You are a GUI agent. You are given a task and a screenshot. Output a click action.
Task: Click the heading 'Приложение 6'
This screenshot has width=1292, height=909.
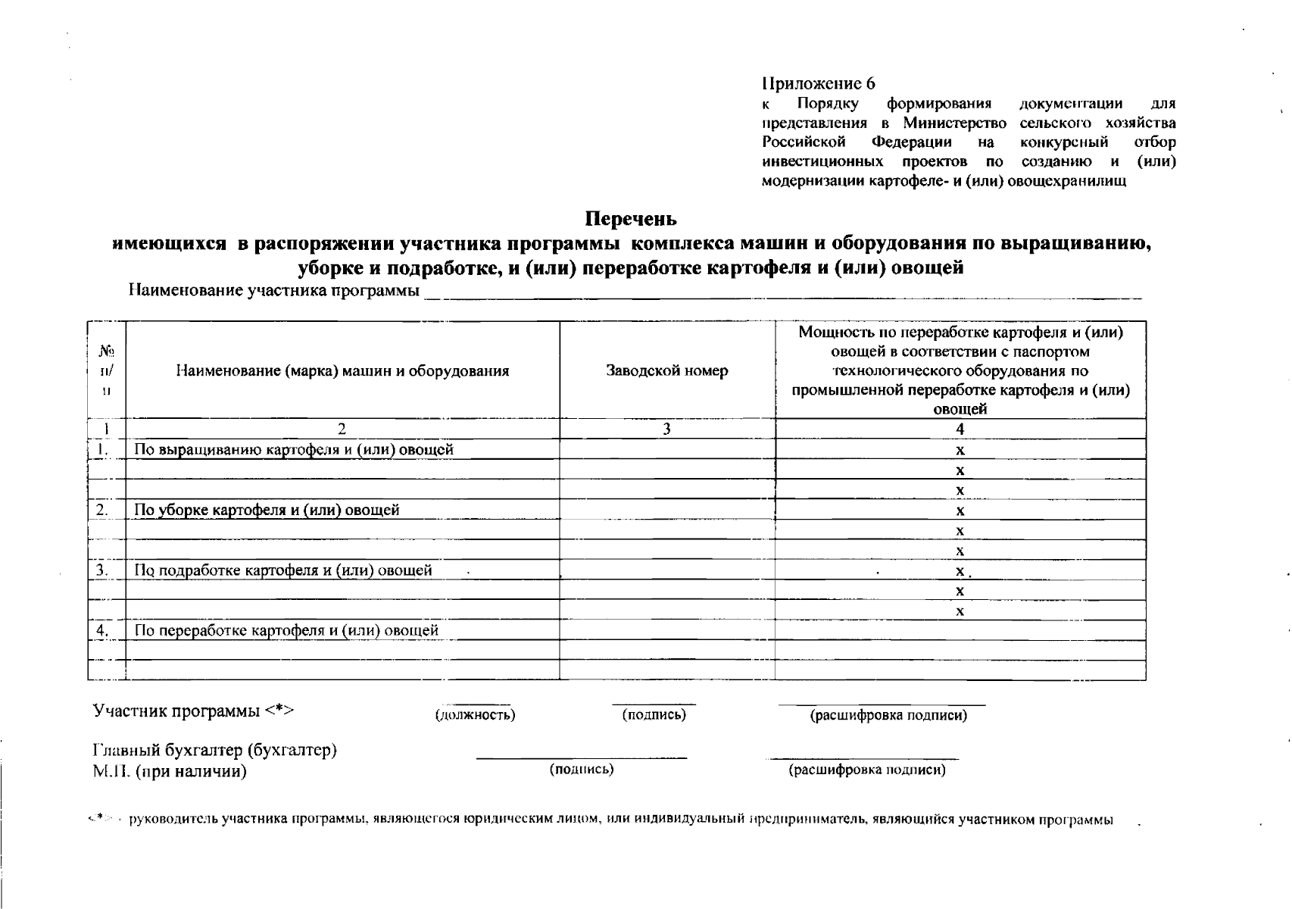[819, 83]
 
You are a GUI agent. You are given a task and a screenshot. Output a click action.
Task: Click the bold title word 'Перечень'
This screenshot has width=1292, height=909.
[631, 219]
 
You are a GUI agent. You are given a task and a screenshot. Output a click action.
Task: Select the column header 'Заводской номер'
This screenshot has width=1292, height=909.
[666, 370]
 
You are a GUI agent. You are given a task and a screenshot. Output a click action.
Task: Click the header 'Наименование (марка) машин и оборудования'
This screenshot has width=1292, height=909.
[342, 370]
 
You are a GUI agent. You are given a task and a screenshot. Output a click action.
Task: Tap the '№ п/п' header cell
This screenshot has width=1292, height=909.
[107, 370]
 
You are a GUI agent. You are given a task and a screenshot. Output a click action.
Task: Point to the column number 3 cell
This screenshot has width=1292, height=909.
[666, 430]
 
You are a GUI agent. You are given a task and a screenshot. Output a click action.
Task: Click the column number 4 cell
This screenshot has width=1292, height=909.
[960, 430]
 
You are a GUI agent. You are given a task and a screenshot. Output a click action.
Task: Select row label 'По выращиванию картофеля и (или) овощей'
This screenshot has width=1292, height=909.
[294, 450]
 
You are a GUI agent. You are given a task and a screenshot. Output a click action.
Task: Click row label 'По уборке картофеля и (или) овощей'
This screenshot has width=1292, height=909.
[267, 510]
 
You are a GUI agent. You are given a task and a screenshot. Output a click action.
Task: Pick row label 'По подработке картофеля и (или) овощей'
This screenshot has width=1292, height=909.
[283, 570]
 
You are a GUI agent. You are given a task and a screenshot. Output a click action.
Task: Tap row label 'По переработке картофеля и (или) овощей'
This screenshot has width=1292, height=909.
[286, 630]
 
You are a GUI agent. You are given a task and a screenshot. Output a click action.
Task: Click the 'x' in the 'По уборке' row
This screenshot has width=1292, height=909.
[960, 511]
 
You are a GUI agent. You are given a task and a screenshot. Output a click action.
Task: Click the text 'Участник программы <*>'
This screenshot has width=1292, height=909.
[193, 711]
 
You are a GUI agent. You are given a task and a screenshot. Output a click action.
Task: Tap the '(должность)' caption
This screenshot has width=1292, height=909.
[475, 715]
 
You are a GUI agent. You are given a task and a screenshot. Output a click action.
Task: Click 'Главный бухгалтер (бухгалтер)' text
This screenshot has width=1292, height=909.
[214, 750]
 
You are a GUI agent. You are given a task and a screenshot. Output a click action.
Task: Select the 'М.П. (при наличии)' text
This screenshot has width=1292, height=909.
[170, 772]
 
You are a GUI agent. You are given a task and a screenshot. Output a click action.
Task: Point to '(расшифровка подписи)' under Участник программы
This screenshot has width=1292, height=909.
[888, 715]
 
